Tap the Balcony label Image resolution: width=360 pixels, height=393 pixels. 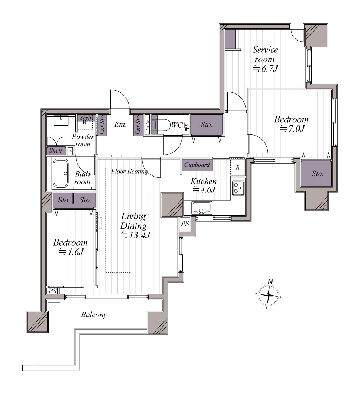point(94,315)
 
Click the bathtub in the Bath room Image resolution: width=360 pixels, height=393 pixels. point(60,173)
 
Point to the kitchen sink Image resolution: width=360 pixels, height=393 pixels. point(202,207)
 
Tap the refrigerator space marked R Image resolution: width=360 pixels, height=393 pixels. point(238,167)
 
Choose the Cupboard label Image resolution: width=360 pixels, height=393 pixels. point(197,165)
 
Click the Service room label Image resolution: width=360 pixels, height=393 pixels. point(265,54)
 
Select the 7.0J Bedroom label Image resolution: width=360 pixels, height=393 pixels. point(291,124)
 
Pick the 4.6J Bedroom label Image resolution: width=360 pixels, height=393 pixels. point(71,247)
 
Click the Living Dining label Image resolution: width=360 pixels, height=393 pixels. point(134,221)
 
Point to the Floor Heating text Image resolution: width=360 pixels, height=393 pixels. point(130,172)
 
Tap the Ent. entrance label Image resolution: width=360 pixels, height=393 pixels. point(120,124)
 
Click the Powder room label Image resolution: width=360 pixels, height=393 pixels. point(83,140)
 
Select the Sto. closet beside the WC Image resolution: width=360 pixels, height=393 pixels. point(207,125)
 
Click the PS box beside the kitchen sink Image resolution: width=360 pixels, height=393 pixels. point(185,224)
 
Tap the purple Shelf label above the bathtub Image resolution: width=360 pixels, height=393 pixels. point(56,151)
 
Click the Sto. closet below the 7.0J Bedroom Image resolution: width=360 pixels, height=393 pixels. point(316,173)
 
